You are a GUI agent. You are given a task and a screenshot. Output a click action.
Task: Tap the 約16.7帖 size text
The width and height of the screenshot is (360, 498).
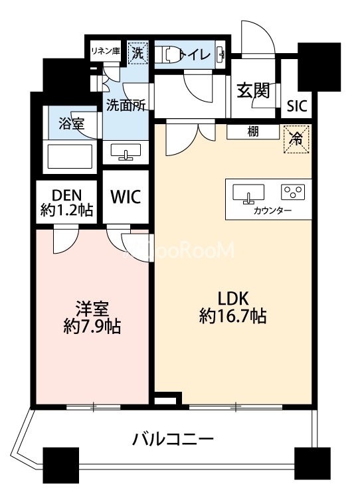(233, 317)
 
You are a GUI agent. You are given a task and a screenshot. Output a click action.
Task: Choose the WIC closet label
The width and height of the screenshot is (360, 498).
(125, 197)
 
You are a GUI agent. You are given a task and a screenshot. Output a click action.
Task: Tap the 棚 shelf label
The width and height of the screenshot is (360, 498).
(253, 131)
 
